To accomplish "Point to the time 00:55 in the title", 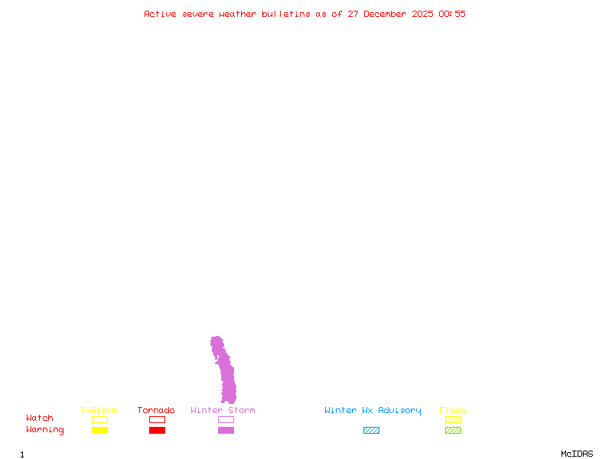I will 452,14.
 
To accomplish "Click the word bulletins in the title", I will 286,14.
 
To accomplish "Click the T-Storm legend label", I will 99,411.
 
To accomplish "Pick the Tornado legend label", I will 156,411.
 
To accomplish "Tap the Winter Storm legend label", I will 223,411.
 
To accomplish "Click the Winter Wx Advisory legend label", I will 373,411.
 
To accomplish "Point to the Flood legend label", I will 453,411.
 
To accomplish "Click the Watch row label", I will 40,418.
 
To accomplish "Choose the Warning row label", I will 45,430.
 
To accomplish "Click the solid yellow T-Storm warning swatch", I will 99,431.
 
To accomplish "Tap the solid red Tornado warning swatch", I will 157,431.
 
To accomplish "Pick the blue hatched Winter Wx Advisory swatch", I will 371,431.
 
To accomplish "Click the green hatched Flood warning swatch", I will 453,431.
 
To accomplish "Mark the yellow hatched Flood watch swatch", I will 453,419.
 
